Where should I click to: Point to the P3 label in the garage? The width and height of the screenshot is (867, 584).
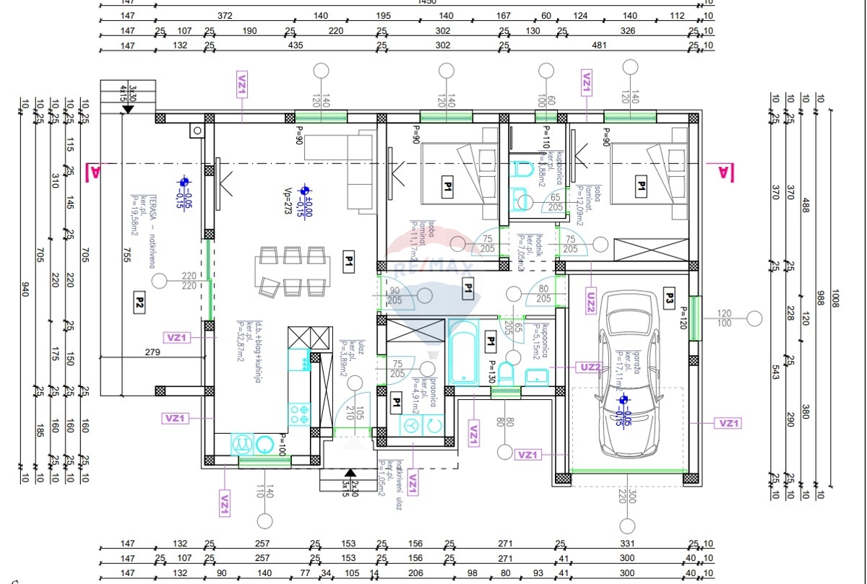coord(669,295)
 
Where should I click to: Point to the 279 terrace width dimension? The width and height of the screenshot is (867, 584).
coord(152,352)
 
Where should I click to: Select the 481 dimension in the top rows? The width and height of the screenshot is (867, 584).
coord(598,45)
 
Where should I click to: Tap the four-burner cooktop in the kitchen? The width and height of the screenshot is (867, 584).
coord(299,413)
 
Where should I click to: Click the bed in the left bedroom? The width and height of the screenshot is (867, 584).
coord(457,180)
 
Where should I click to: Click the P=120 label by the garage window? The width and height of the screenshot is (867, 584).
coord(681,318)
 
